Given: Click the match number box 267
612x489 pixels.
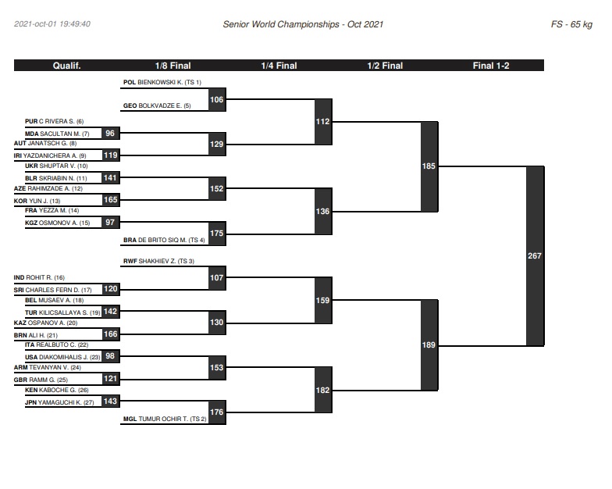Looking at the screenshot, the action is click(x=535, y=256).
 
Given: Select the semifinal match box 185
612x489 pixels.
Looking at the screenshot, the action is click(x=429, y=166).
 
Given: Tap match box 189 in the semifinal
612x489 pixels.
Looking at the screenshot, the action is click(x=429, y=345).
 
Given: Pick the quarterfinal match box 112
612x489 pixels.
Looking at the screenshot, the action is click(x=323, y=122).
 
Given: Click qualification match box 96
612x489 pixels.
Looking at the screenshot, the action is click(x=111, y=133).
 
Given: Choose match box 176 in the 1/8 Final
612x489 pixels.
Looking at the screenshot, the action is click(x=217, y=412).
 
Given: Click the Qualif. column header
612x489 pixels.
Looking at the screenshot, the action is click(x=67, y=66).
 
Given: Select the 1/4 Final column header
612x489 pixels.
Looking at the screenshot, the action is click(x=279, y=66).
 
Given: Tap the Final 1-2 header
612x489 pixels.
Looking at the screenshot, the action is click(x=491, y=66).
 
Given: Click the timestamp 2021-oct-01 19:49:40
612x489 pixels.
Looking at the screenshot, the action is click(x=52, y=23).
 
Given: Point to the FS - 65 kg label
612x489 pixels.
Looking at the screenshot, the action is click(x=571, y=24).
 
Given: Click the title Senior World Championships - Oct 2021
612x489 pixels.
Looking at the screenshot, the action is click(x=303, y=24).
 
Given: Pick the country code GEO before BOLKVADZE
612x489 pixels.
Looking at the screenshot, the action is click(x=130, y=106).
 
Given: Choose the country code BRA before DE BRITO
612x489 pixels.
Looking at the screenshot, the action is click(x=130, y=241).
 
